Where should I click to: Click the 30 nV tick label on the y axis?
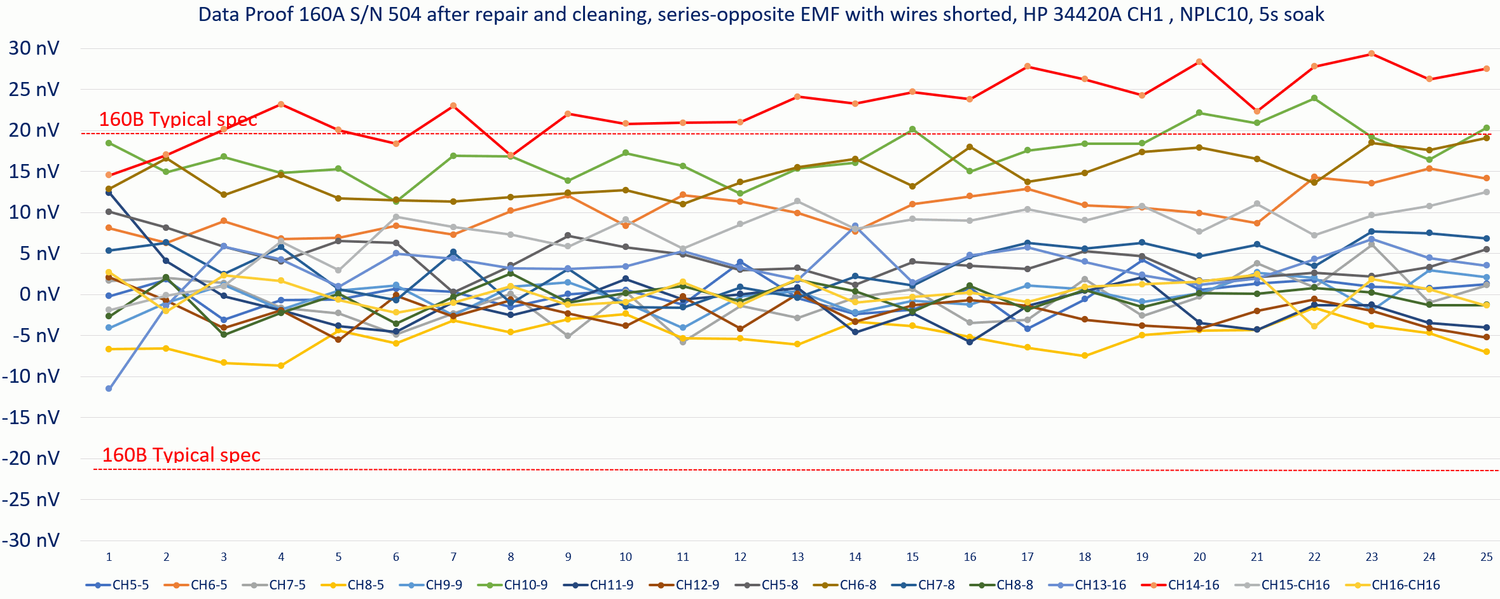pyautogui.click(x=34, y=48)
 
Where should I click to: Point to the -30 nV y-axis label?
pyautogui.click(x=31, y=540)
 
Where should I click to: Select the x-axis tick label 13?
pyautogui.click(x=797, y=557)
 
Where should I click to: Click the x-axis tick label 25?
pyautogui.click(x=1486, y=557)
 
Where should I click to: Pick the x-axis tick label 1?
pyautogui.click(x=109, y=557)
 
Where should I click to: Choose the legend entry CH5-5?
pyautogui.click(x=118, y=585)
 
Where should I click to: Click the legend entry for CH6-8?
pyautogui.click(x=845, y=585)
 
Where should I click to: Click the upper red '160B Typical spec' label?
pyautogui.click(x=178, y=120)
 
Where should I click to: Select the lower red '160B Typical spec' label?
pyautogui.click(x=181, y=455)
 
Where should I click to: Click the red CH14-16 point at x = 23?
pyautogui.click(x=1372, y=53)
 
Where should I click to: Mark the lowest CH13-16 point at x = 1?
pyautogui.click(x=109, y=389)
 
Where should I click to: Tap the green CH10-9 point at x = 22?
pyautogui.click(x=1314, y=98)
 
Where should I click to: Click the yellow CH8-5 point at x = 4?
pyautogui.click(x=281, y=366)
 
